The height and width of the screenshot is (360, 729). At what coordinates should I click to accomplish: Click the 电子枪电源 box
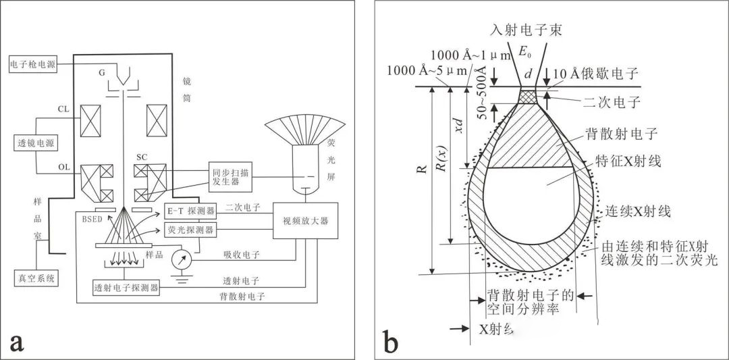coord(31,65)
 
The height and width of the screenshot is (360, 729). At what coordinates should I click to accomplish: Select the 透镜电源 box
coord(36,143)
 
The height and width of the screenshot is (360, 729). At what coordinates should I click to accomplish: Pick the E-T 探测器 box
coord(189,211)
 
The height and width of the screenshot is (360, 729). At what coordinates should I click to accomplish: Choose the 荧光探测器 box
coord(189,230)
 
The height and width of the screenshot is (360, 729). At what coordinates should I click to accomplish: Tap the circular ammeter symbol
coord(181,259)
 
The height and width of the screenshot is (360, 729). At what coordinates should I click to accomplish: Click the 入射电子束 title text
coord(524,30)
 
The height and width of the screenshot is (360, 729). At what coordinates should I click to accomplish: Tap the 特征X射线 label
coord(628,161)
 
